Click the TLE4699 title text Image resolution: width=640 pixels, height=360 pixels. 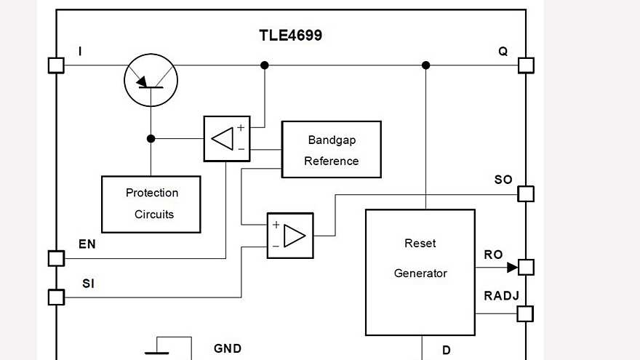coord(290,35)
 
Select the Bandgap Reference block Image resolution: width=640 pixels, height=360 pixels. coord(331,150)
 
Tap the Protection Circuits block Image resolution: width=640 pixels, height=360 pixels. coord(151,204)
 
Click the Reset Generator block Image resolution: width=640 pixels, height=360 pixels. coord(420,272)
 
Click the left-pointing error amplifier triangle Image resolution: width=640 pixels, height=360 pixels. coord(223,139)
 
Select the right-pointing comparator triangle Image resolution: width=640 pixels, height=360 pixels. coord(294,236)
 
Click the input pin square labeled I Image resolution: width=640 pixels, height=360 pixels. coord(56,65)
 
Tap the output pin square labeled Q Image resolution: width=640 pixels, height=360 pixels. coord(526,65)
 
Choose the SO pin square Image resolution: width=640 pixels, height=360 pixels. coord(526,194)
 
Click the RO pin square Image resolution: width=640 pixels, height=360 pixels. coord(526,267)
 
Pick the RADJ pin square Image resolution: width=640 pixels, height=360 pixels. coord(525,314)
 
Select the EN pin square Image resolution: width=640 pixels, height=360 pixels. coord(56,258)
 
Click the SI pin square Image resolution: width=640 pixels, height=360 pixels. coord(56,297)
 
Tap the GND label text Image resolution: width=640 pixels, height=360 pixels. coord(227,349)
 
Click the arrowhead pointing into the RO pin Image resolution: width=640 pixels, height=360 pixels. coord(512,267)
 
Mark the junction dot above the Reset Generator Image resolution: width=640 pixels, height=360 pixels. coord(426,65)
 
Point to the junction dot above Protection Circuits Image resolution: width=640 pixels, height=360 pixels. coord(151,138)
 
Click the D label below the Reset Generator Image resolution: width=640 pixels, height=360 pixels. coord(446,351)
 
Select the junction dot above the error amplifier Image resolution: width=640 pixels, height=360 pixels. coord(265,65)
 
